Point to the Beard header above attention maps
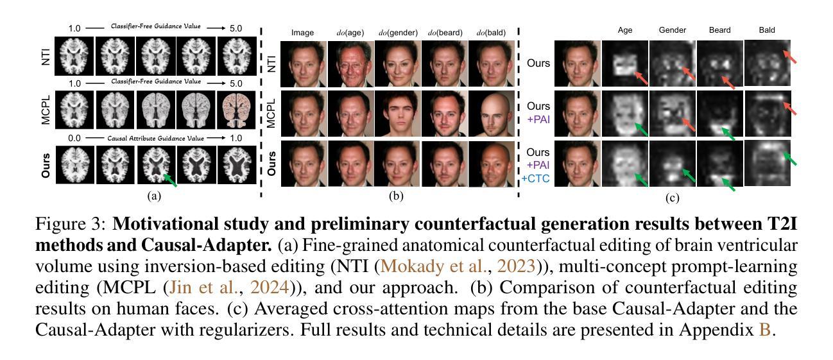click(x=719, y=30)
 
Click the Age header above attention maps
click(x=625, y=30)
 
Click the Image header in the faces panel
click(x=303, y=33)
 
